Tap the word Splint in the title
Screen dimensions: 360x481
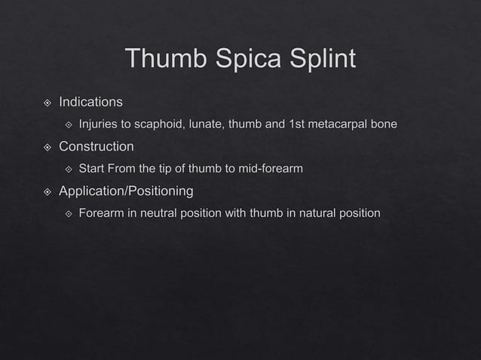(319, 59)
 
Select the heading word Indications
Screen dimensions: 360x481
(90, 101)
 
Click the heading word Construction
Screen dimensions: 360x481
(97, 145)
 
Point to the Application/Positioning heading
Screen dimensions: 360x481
(126, 191)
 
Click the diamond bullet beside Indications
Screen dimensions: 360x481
(47, 102)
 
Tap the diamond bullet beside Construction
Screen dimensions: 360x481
(47, 146)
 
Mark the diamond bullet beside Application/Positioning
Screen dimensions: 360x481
(47, 191)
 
